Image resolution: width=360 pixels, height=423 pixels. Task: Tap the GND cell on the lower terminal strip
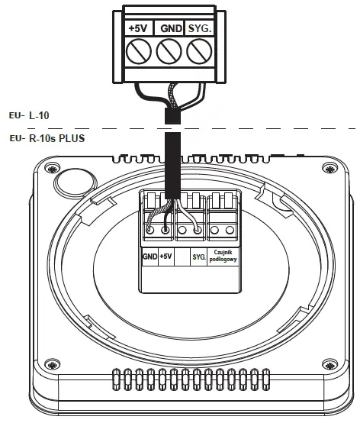click(x=149, y=257)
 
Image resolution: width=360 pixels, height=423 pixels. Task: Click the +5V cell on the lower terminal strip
click(x=166, y=257)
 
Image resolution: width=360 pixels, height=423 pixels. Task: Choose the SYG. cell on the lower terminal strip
click(x=199, y=257)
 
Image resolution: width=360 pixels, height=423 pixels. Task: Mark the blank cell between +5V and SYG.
click(x=182, y=257)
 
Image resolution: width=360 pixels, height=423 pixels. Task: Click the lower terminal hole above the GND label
click(x=149, y=228)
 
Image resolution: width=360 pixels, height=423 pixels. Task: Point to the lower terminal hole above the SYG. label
click(x=198, y=228)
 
